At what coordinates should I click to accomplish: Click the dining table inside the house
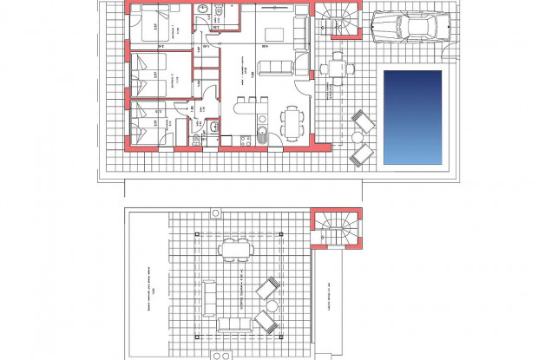click(x=293, y=121)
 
